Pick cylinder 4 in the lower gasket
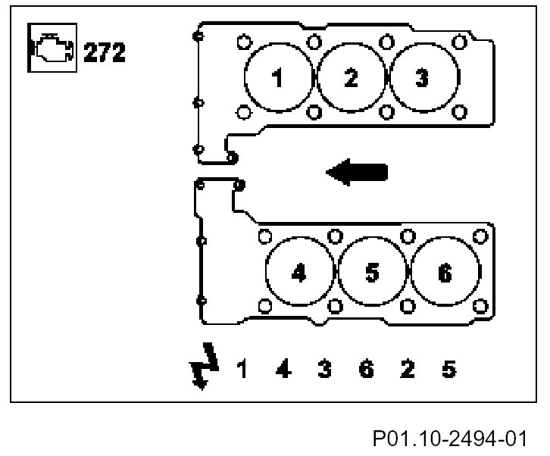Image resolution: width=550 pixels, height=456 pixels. (x=299, y=273)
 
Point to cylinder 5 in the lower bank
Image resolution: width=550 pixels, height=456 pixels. (x=371, y=273)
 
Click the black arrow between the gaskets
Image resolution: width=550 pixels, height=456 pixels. (x=357, y=171)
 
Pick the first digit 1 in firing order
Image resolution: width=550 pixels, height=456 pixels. (x=242, y=370)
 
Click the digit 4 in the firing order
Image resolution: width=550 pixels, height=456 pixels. (x=283, y=370)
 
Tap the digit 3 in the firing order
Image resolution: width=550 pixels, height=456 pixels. (x=324, y=370)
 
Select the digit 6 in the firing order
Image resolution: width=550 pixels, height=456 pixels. (x=366, y=370)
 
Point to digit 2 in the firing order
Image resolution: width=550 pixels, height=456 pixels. (x=407, y=370)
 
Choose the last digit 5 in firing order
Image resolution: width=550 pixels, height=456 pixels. (x=448, y=370)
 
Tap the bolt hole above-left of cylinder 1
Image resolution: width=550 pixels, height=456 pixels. (x=243, y=42)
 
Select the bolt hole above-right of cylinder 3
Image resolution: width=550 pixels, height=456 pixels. (x=458, y=42)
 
